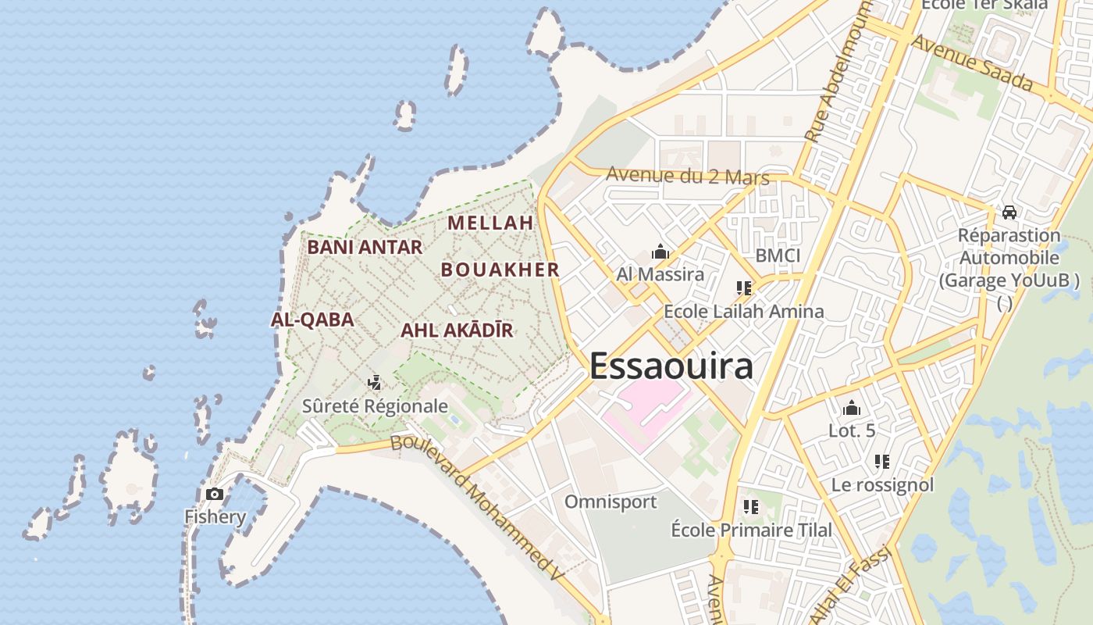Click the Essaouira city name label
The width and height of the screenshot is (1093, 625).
pyautogui.click(x=671, y=366)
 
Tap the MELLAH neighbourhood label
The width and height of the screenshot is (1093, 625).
pyautogui.click(x=490, y=223)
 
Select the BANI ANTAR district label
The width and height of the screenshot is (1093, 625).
pyautogui.click(x=365, y=248)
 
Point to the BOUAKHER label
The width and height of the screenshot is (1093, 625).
pyautogui.click(x=500, y=270)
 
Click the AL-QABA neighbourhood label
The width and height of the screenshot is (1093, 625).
pyautogui.click(x=312, y=320)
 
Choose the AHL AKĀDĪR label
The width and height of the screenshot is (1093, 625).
pyautogui.click(x=457, y=330)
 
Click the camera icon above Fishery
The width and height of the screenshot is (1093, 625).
pyautogui.click(x=214, y=494)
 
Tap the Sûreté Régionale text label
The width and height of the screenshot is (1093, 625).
pyautogui.click(x=375, y=406)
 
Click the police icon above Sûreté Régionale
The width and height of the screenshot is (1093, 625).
pyautogui.click(x=375, y=383)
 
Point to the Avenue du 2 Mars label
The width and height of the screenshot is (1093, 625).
pyautogui.click(x=687, y=176)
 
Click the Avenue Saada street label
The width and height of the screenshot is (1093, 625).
pyautogui.click(x=972, y=62)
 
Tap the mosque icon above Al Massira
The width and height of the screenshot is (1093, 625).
pyautogui.click(x=660, y=252)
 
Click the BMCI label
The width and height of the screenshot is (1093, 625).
pyautogui.click(x=778, y=255)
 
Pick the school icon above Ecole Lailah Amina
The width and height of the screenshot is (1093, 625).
pyautogui.click(x=743, y=288)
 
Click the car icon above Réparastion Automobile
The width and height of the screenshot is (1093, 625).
pyautogui.click(x=1009, y=212)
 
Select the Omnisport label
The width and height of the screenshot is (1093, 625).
pyautogui.click(x=611, y=502)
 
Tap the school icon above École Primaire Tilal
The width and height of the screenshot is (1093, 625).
pyautogui.click(x=751, y=507)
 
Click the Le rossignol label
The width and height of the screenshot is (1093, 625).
pyautogui.click(x=882, y=485)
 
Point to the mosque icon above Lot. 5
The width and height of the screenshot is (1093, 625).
pyautogui.click(x=851, y=408)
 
